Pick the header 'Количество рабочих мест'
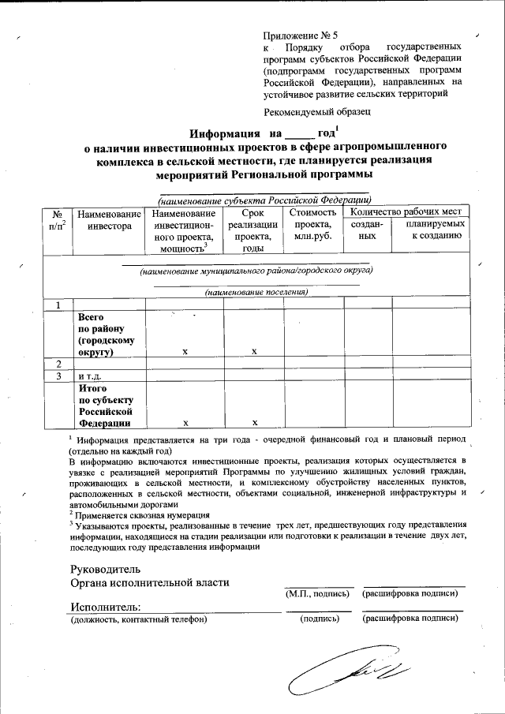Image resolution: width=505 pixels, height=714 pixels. tap(405, 211)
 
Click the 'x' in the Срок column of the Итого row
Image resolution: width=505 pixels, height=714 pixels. tap(253, 423)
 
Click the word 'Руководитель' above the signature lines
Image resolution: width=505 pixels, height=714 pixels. tap(105, 569)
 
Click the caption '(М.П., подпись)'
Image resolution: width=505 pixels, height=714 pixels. tap(316, 593)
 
